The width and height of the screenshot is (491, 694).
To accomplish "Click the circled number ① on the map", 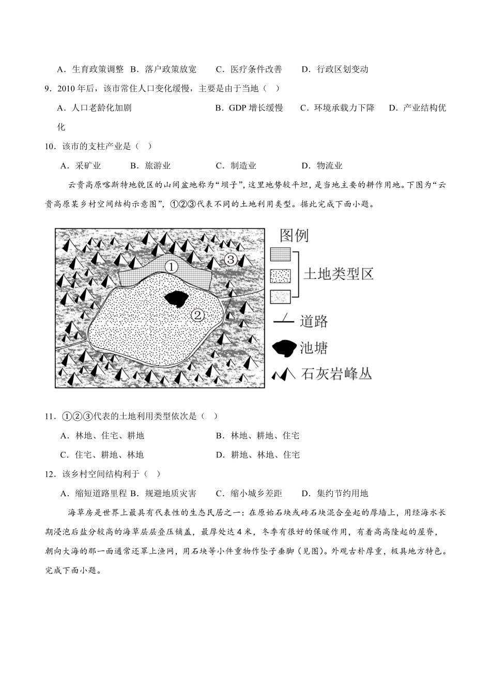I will pyautogui.click(x=171, y=266).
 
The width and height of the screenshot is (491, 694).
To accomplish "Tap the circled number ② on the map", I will pyautogui.click(x=198, y=314).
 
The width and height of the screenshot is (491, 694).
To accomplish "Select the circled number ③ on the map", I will pyautogui.click(x=231, y=259).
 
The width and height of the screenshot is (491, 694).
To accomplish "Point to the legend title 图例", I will pyautogui.click(x=294, y=236).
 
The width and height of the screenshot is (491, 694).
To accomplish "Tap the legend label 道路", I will pyautogui.click(x=314, y=322).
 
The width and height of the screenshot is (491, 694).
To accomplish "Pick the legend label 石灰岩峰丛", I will pyautogui.click(x=336, y=374).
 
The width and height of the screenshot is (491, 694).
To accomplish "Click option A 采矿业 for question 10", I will pyautogui.click(x=81, y=166).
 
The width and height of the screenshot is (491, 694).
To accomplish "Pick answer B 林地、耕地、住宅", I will pyautogui.click(x=258, y=436).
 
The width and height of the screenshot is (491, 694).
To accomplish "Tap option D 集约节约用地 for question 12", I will pyautogui.click(x=335, y=494).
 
